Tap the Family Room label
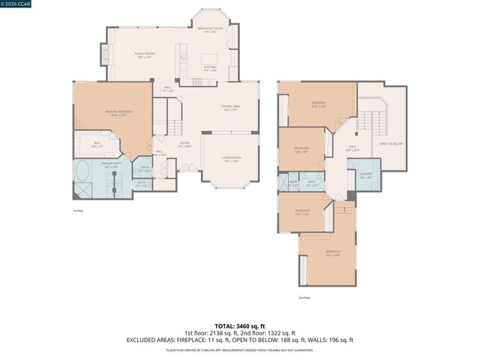click(144, 55)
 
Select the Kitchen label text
click(211, 67)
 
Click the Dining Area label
click(230, 108)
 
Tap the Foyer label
click(184, 145)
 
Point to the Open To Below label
click(391, 143)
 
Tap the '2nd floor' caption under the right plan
click(304, 298)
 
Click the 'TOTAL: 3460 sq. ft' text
click(240, 325)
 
